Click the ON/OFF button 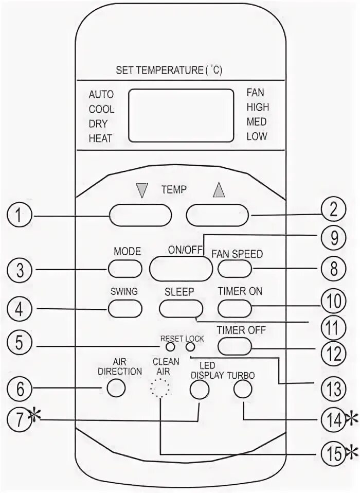pyautogui.click(x=181, y=268)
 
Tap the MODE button pyautogui.click(x=125, y=268)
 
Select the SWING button pyautogui.click(x=125, y=308)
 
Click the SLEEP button pyautogui.click(x=179, y=308)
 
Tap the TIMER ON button pyautogui.click(x=235, y=308)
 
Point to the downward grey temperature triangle pyautogui.click(x=139, y=191)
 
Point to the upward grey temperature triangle pyautogui.click(x=219, y=191)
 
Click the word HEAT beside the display pyautogui.click(x=100, y=138)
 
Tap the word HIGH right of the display pyautogui.click(x=257, y=108)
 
